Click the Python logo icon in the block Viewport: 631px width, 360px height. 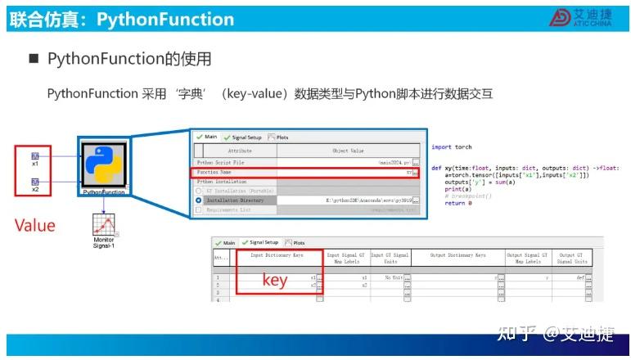click(x=102, y=163)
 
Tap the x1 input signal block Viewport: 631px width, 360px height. click(x=35, y=156)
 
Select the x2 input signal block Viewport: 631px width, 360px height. click(x=35, y=183)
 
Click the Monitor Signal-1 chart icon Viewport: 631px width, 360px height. click(x=103, y=225)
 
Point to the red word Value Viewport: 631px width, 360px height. click(x=35, y=225)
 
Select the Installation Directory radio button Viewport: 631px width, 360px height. click(x=198, y=200)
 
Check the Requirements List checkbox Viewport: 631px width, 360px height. click(x=198, y=210)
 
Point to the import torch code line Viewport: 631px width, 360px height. click(x=452, y=147)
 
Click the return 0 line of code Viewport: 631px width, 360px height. click(x=458, y=203)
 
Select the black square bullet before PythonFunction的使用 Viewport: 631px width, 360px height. click(x=34, y=59)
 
